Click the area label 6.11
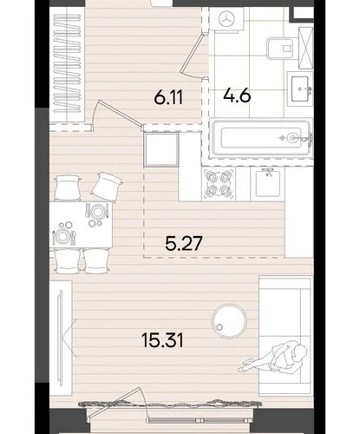click(168, 97)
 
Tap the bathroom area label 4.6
click(237, 95)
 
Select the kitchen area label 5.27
click(184, 243)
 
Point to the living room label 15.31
click(163, 340)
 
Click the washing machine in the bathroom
click(227, 19)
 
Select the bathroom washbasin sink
click(300, 89)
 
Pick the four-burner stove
click(219, 184)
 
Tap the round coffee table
click(229, 321)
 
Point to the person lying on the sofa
click(273, 357)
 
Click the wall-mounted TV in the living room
click(60, 338)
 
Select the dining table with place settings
click(81, 225)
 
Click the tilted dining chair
click(107, 187)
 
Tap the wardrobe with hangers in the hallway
click(67, 64)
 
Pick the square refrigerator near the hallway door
click(161, 149)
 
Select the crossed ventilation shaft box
click(305, 48)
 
